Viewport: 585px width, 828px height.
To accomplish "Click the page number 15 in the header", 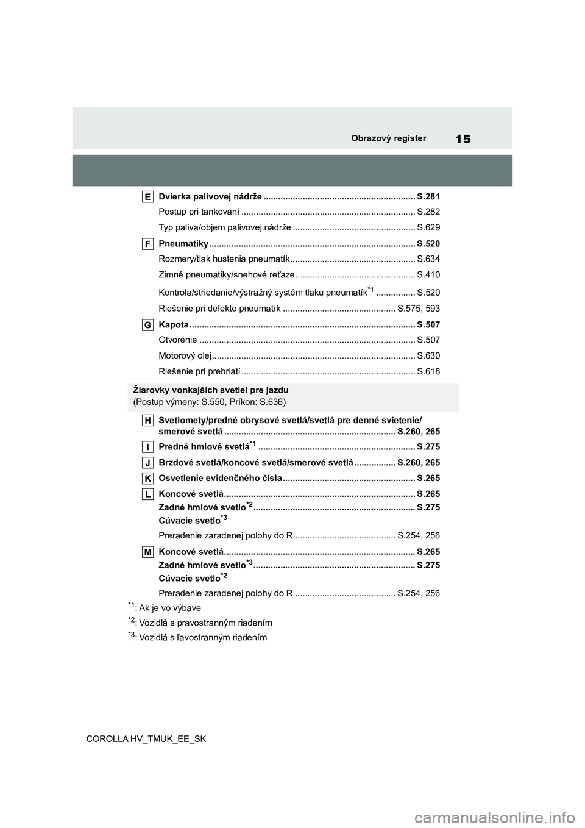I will coord(463,139).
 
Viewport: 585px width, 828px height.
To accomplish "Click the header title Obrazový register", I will coord(388,138).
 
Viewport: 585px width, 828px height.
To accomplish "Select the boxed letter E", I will coord(148,196).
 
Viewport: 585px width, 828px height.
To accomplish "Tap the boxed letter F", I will coord(148,243).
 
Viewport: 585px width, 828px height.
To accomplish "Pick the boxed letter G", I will coord(148,324).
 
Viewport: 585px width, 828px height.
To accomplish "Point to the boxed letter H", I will coord(148,420).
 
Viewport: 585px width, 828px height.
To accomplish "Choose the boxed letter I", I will coord(148,447).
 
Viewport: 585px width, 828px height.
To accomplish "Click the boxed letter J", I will coord(148,463).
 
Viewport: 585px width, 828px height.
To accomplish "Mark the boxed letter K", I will coord(148,479).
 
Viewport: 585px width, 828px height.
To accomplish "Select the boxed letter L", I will coord(148,494).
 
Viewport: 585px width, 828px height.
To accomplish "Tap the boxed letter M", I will coord(148,552).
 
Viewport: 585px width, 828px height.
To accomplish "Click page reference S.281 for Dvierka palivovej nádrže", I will coord(428,197).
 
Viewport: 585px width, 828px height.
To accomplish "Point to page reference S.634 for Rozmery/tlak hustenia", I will coord(428,259).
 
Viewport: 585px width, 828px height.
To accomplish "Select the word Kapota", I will coord(174,325).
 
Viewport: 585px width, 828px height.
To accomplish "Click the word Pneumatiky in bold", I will coord(183,244).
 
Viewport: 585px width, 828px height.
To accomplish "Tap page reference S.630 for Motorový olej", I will coord(428,356).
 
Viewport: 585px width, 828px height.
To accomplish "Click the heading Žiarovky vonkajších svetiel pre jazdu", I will coord(211,390).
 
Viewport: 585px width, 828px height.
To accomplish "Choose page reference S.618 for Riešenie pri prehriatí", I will coord(428,372).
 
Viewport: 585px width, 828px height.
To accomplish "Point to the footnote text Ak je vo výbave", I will coord(170,608).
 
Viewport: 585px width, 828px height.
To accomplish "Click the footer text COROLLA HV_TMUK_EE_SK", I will coord(146,739).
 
